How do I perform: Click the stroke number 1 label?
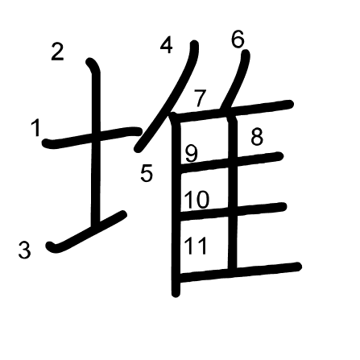[x=35, y=128]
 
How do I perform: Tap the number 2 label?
[x=57, y=52]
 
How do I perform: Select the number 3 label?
[x=25, y=250]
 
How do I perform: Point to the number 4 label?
[x=166, y=45]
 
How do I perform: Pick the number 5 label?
[x=147, y=173]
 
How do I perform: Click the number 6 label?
[x=238, y=39]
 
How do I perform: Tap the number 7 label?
[x=201, y=98]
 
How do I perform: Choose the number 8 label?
[x=257, y=137]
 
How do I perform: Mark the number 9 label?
[x=192, y=154]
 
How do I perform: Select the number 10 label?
[x=197, y=200]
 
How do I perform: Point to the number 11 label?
[x=196, y=246]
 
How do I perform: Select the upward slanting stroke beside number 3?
[x=86, y=232]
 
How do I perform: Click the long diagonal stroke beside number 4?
[x=167, y=97]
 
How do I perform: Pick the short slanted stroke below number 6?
[x=235, y=81]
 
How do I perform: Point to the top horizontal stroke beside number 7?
[x=231, y=111]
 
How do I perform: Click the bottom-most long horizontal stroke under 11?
[x=239, y=272]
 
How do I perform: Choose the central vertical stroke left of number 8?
[x=233, y=193]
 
